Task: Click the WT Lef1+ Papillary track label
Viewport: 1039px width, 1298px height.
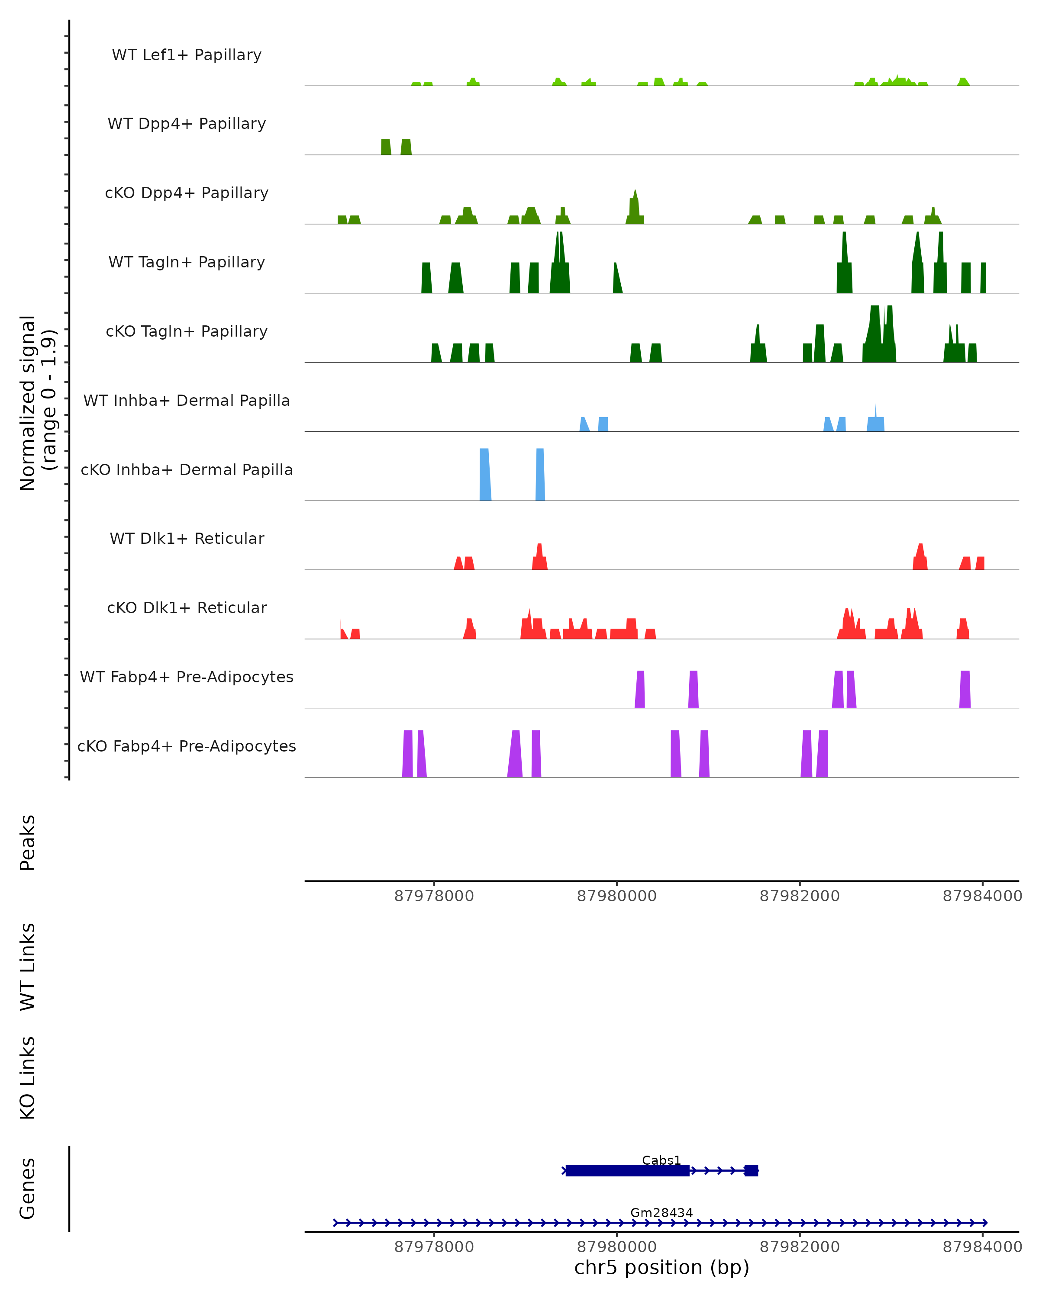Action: pyautogui.click(x=187, y=55)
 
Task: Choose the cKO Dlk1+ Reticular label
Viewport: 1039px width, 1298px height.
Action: pyautogui.click(x=187, y=607)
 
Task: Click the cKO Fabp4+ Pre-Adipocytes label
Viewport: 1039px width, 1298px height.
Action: pyautogui.click(x=187, y=746)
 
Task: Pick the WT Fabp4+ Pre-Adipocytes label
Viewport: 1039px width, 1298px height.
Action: pyautogui.click(x=187, y=677)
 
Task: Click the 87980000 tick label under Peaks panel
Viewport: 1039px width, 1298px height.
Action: pyautogui.click(x=616, y=896)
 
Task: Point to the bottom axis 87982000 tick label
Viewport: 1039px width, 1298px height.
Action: pyautogui.click(x=799, y=1247)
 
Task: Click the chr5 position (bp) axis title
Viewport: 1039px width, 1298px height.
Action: pyautogui.click(x=661, y=1267)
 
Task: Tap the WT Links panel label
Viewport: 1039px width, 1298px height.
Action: pyautogui.click(x=28, y=966)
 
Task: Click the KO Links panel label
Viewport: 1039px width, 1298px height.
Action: pyautogui.click(x=28, y=1078)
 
